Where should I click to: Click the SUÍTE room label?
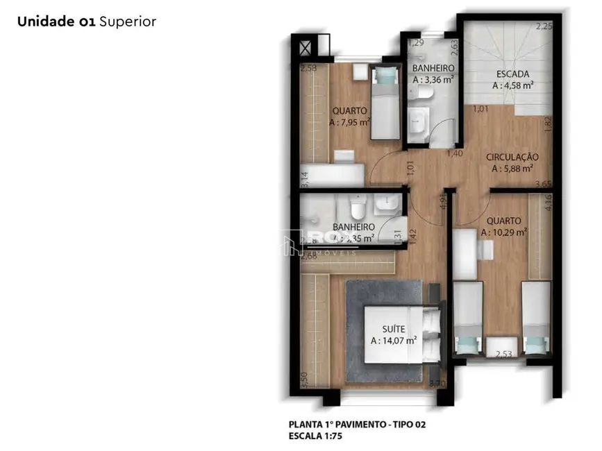(393, 329)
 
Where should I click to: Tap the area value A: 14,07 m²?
(393, 341)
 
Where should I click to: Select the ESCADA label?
(512, 74)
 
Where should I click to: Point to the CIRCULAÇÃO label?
(512, 157)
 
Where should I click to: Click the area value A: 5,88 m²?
(512, 168)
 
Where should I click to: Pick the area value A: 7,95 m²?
(349, 121)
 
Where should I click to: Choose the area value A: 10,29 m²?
(506, 232)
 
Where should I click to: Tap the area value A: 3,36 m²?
(433, 80)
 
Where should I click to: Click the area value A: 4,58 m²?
(512, 86)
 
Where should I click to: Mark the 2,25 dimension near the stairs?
(543, 26)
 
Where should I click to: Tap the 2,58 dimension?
(308, 68)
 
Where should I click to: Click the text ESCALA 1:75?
(315, 436)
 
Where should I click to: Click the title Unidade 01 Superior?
(87, 22)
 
